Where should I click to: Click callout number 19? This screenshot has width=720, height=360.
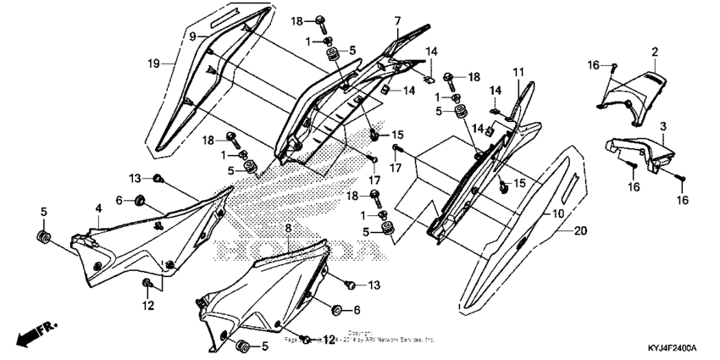pyautogui.click(x=154, y=64)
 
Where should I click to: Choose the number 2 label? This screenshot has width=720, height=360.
pyautogui.click(x=655, y=53)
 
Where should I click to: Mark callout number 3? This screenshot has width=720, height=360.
pyautogui.click(x=663, y=125)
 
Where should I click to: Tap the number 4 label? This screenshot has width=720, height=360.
pyautogui.click(x=98, y=208)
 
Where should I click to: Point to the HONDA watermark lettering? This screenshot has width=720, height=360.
pyautogui.click(x=296, y=251)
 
